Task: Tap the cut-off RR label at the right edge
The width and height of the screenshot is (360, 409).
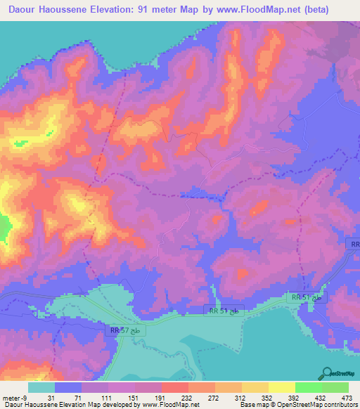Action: (x=354, y=244)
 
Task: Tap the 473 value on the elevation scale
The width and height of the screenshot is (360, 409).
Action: (x=346, y=397)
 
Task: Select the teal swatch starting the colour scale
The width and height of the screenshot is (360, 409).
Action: (x=41, y=387)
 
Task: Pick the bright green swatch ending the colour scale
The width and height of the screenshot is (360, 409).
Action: (x=335, y=387)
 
